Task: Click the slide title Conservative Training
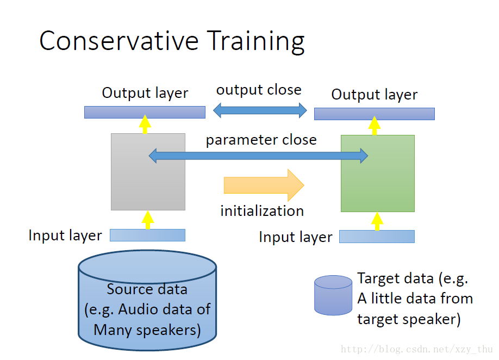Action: click(x=172, y=41)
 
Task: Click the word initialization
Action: click(x=262, y=211)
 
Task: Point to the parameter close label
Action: click(x=261, y=140)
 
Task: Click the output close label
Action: click(x=259, y=90)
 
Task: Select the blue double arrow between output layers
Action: click(x=260, y=111)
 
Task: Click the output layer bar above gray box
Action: click(x=145, y=112)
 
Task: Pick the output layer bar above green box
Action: click(x=375, y=114)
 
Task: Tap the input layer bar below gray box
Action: click(x=147, y=235)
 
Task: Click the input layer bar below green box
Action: click(x=377, y=237)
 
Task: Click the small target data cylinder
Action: click(x=333, y=295)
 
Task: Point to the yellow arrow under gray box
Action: click(x=147, y=220)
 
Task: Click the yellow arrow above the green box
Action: click(x=375, y=125)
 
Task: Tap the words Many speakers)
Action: click(x=147, y=330)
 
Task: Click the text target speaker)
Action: click(x=409, y=319)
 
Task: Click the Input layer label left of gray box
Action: click(x=65, y=235)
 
